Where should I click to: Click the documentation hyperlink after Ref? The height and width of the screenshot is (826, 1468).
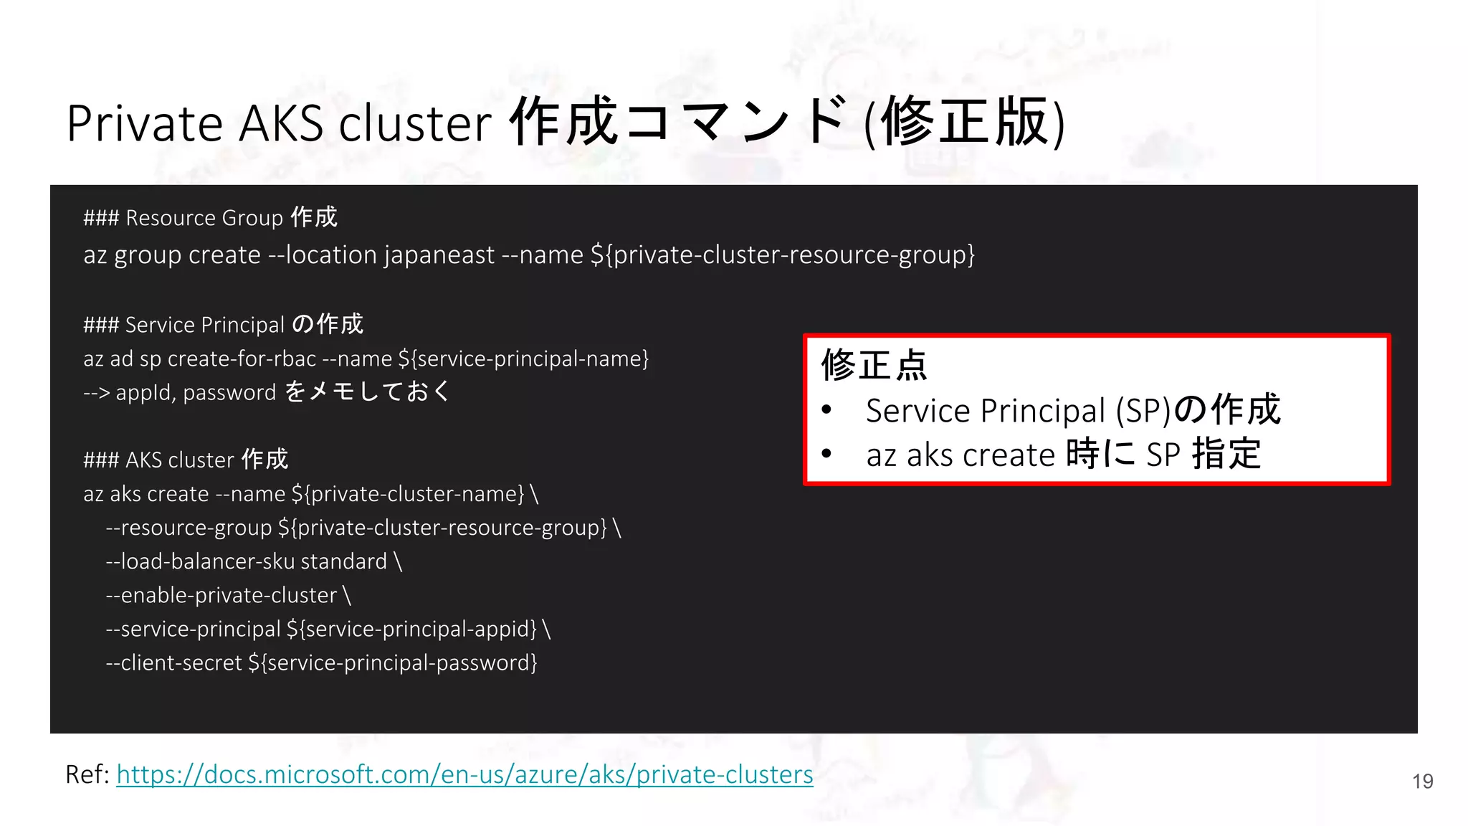[464, 774]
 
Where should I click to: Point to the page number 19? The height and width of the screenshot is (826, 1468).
[1422, 781]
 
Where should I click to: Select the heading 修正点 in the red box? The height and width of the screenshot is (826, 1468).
[874, 365]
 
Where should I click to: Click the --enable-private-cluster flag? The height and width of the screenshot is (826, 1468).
[221, 595]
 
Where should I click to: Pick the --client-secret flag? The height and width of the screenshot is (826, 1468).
[173, 663]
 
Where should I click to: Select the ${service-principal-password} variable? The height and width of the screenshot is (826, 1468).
[393, 663]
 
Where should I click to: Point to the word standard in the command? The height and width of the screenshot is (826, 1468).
[343, 561]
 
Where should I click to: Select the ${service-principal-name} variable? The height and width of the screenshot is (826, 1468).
[523, 359]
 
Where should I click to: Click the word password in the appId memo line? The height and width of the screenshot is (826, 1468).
[229, 393]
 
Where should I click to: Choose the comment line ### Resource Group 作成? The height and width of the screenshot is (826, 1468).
[210, 217]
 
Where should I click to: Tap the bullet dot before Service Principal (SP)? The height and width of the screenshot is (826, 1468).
[826, 410]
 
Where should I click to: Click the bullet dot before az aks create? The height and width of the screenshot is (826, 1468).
[826, 454]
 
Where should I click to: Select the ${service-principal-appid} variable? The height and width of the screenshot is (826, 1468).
[411, 629]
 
